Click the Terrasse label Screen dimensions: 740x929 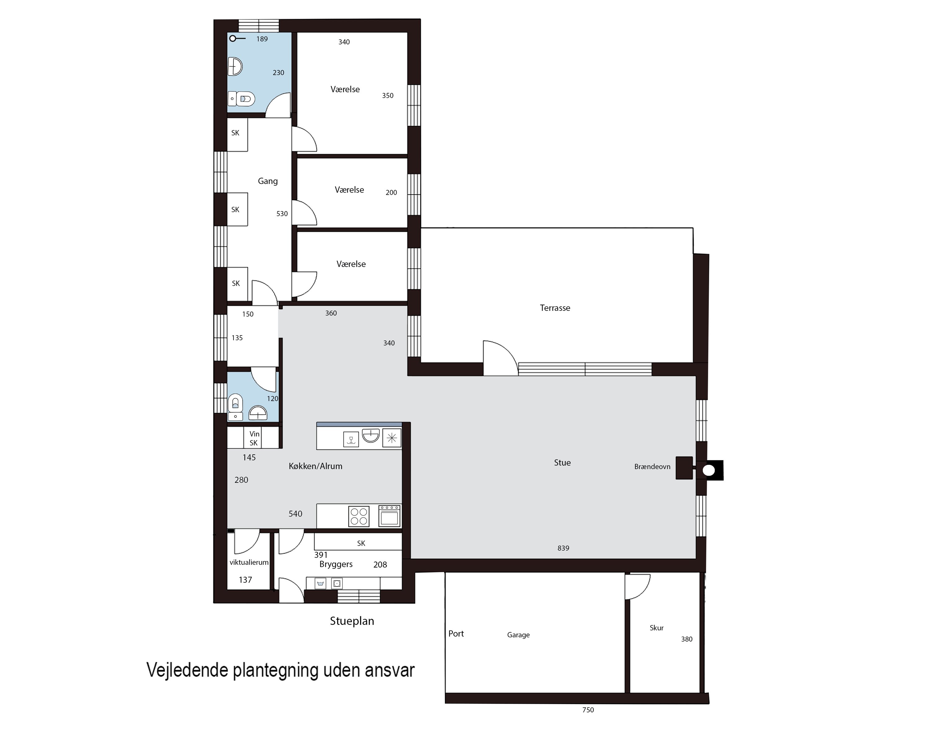click(x=555, y=308)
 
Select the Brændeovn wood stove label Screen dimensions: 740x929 click(x=652, y=466)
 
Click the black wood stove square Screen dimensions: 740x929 click(x=684, y=468)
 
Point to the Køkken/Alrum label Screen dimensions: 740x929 click(x=316, y=466)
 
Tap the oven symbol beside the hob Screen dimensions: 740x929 click(x=389, y=516)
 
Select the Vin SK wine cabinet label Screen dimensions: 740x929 click(x=254, y=439)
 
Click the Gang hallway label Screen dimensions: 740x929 click(x=268, y=181)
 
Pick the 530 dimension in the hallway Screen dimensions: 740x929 click(x=282, y=214)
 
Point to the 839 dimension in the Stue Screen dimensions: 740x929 click(x=563, y=548)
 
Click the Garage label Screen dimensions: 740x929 click(x=518, y=635)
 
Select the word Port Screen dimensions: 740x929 click(x=456, y=634)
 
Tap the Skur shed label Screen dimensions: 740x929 click(x=656, y=628)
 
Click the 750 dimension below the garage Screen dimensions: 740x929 click(x=588, y=710)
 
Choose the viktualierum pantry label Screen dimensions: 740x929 click(x=249, y=563)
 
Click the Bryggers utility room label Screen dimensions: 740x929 click(x=336, y=564)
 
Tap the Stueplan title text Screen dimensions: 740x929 click(x=351, y=621)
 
